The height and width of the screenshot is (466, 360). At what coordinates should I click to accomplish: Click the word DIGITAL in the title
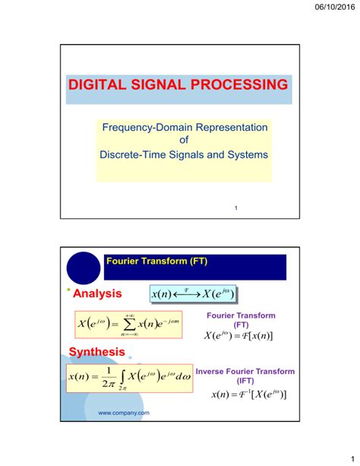[101, 84]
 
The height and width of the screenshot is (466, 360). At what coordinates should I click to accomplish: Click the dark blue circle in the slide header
[84, 268]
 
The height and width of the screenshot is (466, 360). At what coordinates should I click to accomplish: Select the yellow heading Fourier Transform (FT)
[157, 261]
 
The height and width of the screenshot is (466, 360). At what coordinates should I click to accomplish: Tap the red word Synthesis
[96, 352]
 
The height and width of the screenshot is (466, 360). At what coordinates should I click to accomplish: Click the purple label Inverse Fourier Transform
[245, 371]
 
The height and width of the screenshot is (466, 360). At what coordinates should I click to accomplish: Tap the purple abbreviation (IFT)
[245, 381]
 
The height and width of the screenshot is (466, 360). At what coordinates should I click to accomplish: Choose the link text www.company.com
[124, 413]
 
